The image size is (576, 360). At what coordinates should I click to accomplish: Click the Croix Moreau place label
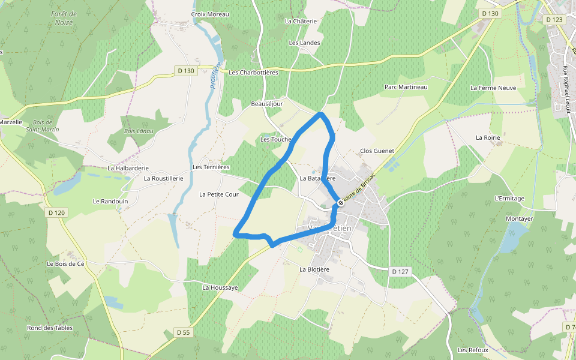click(210, 14)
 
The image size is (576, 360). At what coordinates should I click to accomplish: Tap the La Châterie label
click(301, 21)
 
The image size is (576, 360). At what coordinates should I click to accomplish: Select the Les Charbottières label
click(254, 73)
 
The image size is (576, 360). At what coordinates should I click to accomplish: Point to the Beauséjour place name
click(266, 104)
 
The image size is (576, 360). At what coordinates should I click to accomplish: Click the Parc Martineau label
click(406, 87)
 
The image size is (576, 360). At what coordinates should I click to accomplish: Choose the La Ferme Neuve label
click(493, 88)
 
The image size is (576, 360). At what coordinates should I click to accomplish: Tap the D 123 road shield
click(555, 20)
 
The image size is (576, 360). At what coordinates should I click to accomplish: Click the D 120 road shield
click(56, 212)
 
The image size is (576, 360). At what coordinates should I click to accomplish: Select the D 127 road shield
click(400, 272)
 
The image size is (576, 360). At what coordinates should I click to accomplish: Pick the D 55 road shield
click(183, 332)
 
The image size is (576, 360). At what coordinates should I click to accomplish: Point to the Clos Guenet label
click(377, 151)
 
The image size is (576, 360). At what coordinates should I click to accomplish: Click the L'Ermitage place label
click(509, 199)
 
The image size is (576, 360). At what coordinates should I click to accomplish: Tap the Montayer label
click(519, 219)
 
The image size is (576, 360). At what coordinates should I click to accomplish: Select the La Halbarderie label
click(128, 168)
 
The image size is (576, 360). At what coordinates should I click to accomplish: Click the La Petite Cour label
click(219, 194)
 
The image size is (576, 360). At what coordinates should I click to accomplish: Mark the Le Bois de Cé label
click(70, 263)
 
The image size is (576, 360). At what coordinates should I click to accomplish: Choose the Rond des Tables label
click(50, 328)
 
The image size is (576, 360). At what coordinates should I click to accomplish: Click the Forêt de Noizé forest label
click(64, 17)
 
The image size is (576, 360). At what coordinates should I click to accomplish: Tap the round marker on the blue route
click(340, 203)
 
